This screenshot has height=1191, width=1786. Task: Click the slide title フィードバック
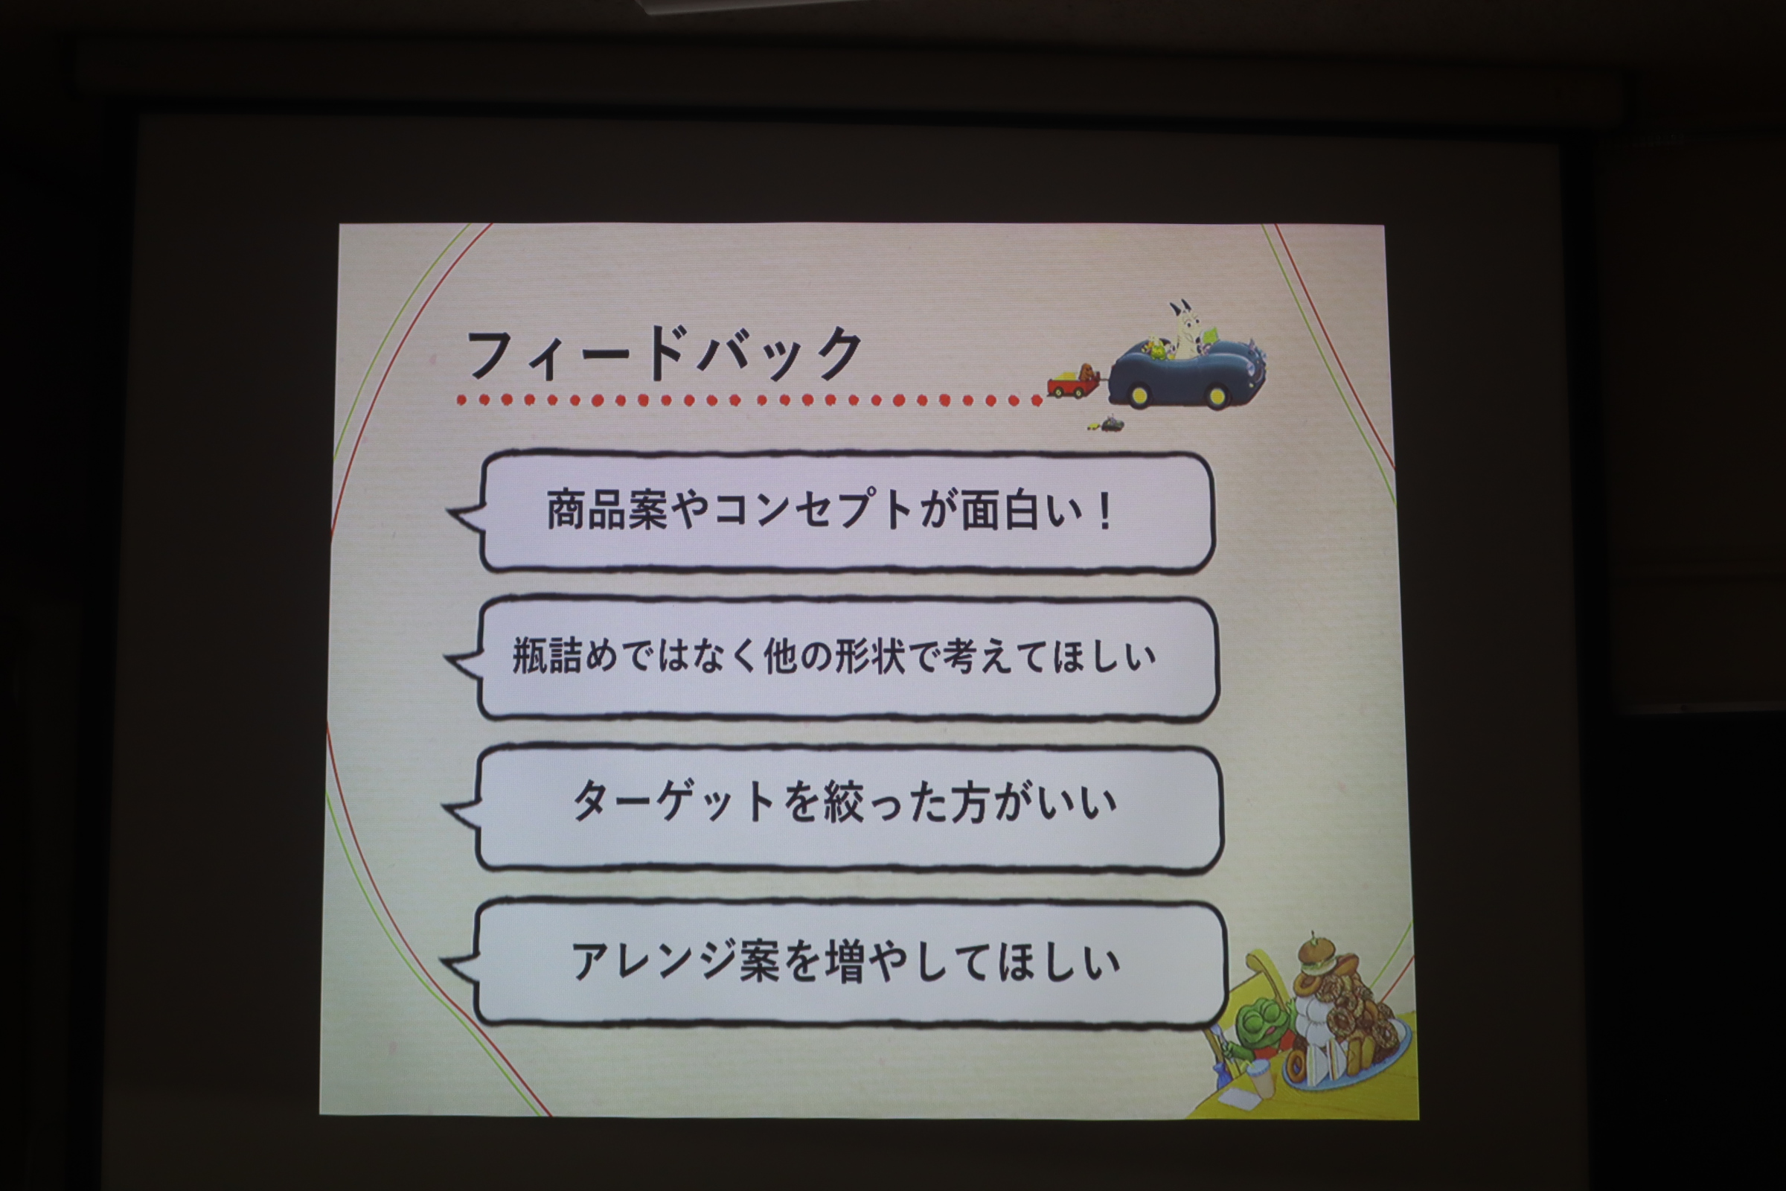point(665,354)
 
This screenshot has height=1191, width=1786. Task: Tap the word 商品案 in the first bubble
point(606,510)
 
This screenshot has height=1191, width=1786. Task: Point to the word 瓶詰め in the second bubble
point(564,656)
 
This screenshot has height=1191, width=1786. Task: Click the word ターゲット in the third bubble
point(673,802)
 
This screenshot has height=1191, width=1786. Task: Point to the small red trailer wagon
point(1072,382)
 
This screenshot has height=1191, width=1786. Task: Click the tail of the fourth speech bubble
point(460,967)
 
